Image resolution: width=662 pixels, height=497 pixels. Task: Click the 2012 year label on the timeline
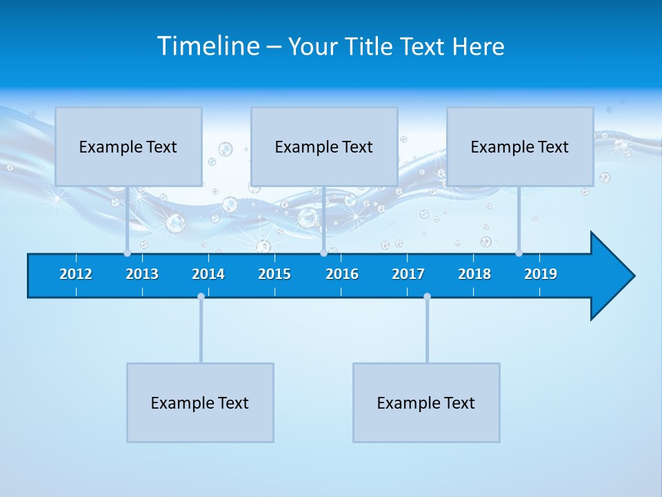point(76,274)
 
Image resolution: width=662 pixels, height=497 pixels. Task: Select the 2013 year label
point(142,274)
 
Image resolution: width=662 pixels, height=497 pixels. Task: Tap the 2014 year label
point(208,274)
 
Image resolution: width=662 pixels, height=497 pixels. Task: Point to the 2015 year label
point(274,274)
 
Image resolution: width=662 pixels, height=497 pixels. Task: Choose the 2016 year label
point(342,274)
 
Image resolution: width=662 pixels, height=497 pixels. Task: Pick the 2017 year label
point(408,274)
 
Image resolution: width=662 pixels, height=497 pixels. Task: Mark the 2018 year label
point(474,274)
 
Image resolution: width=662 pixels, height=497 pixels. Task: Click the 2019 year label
point(541,274)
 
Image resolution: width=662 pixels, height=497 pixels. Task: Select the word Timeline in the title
point(208,46)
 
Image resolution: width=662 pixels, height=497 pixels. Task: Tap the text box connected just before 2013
point(128,146)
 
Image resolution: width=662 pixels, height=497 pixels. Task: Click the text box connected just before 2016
point(324,146)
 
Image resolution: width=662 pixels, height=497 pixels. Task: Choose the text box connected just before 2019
point(520,146)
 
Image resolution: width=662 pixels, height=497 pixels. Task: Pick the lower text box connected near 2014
point(200,402)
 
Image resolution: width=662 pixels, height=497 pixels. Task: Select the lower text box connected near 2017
point(426,402)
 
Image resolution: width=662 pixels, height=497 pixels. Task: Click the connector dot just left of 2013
point(127,253)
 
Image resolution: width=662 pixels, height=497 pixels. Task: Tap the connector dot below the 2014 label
point(201,297)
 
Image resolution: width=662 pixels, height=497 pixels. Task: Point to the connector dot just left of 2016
point(323,253)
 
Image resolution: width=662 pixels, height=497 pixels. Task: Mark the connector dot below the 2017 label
point(427,297)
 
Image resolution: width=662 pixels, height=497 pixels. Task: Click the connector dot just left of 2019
point(519,253)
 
